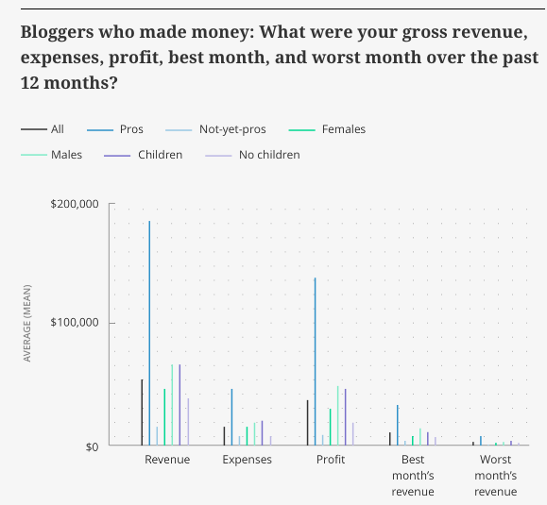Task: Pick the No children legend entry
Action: point(269,155)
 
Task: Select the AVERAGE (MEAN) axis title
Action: point(28,325)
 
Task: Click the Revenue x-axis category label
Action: point(167,460)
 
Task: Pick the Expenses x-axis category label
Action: point(248,460)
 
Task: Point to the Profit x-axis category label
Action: point(331,460)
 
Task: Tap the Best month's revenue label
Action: point(413,476)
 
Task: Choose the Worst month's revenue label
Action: point(495,476)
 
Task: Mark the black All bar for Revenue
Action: point(142,412)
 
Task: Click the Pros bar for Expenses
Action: point(231,416)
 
